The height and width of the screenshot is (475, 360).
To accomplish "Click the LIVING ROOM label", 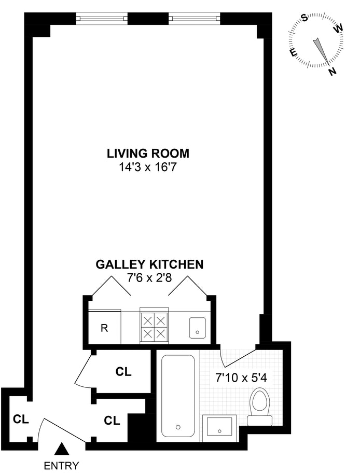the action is tap(148, 153).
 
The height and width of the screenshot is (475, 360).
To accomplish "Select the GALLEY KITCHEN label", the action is tap(149, 264).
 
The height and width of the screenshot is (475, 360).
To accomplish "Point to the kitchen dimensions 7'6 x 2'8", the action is tap(149, 277).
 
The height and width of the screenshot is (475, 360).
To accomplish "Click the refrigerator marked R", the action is tap(105, 327).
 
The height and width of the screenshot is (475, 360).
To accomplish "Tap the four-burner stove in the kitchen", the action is tap(154, 326).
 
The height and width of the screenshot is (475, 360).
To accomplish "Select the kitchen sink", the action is tap(197, 328).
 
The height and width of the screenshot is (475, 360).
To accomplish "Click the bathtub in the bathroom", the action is tap(178, 396).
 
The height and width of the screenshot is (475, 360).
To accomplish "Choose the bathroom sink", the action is tap(219, 427).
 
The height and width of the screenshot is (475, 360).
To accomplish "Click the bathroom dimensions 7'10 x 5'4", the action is tap(241, 378).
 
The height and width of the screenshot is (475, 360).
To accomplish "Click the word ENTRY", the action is tap(62, 465).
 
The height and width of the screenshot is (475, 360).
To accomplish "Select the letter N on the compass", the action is tap(333, 72).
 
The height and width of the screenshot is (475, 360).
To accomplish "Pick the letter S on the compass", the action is tap(304, 19).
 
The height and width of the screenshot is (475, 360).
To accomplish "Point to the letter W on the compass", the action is tap(339, 29).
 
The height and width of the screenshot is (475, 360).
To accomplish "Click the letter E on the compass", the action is tap(294, 52).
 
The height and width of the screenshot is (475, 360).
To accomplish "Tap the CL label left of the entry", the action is tap(21, 420).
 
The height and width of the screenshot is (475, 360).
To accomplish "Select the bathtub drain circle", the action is tap(178, 427).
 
